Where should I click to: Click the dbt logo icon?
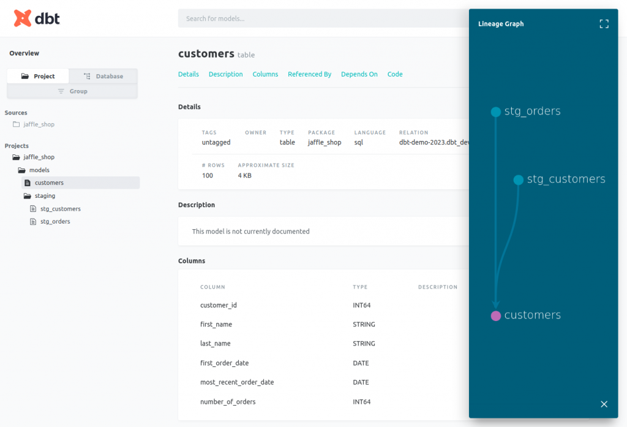pyautogui.click(x=23, y=18)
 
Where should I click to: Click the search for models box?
pyautogui.click(x=318, y=18)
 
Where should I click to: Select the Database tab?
pyautogui.click(x=103, y=76)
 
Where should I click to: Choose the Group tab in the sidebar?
pyautogui.click(x=72, y=91)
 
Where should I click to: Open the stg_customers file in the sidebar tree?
pyautogui.click(x=60, y=209)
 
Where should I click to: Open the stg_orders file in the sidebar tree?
pyautogui.click(x=55, y=222)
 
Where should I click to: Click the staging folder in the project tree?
pyautogui.click(x=45, y=196)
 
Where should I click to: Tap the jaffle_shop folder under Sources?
pyautogui.click(x=39, y=124)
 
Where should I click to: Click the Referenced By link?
pyautogui.click(x=309, y=74)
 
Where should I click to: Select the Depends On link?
pyautogui.click(x=359, y=74)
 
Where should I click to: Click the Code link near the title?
pyautogui.click(x=395, y=74)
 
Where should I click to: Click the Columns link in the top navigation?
pyautogui.click(x=265, y=74)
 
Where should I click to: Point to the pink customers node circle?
pyautogui.click(x=496, y=316)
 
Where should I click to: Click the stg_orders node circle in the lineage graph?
pyautogui.click(x=496, y=112)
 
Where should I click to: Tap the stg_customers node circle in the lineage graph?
pyautogui.click(x=519, y=179)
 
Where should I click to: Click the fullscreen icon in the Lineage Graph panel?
pyautogui.click(x=604, y=24)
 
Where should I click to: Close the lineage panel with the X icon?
pyautogui.click(x=604, y=404)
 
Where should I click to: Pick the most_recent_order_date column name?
pyautogui.click(x=237, y=382)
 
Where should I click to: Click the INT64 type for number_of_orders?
pyautogui.click(x=361, y=402)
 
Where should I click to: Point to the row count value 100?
pyautogui.click(x=208, y=176)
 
